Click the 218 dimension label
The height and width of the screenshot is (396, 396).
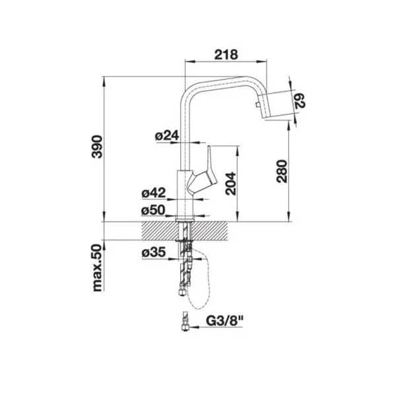pos(226,55)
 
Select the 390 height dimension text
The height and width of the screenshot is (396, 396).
pos(97,147)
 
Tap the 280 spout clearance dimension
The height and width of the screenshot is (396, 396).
pos(282,171)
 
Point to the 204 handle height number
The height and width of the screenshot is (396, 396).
pos(230,183)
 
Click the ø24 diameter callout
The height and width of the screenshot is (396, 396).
pos(167,135)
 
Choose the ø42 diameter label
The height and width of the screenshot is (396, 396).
pos(154,193)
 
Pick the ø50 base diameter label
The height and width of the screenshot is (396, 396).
pos(153,210)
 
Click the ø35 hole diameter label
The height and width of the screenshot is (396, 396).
pos(154,252)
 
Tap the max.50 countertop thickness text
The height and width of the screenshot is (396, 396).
pos(97,268)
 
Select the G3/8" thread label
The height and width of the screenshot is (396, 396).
pos(224,321)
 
